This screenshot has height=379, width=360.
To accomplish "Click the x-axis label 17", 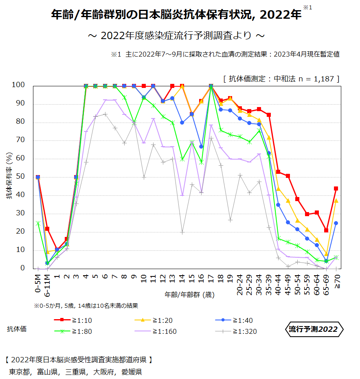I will click(211, 278).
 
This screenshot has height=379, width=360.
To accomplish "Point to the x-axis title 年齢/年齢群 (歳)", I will click(190, 294).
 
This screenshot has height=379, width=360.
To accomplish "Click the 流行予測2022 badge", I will click(313, 329).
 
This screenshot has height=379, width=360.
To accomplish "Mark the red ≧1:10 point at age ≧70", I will click(336, 188).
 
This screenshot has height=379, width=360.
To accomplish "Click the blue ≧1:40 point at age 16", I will click(201, 147).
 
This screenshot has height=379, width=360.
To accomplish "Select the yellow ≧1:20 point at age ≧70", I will click(336, 201).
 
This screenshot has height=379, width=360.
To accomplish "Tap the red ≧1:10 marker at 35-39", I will click(269, 115).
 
